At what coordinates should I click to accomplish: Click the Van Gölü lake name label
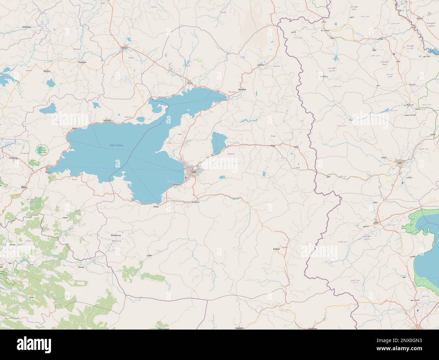117,145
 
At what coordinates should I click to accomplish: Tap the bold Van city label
194,172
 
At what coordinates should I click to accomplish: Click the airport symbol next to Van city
186,177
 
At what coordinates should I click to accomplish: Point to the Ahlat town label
75,128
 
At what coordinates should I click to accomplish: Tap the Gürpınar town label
196,202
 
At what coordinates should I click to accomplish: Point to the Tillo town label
9,263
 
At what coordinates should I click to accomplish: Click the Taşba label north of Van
180,134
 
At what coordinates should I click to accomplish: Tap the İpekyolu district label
232,154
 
